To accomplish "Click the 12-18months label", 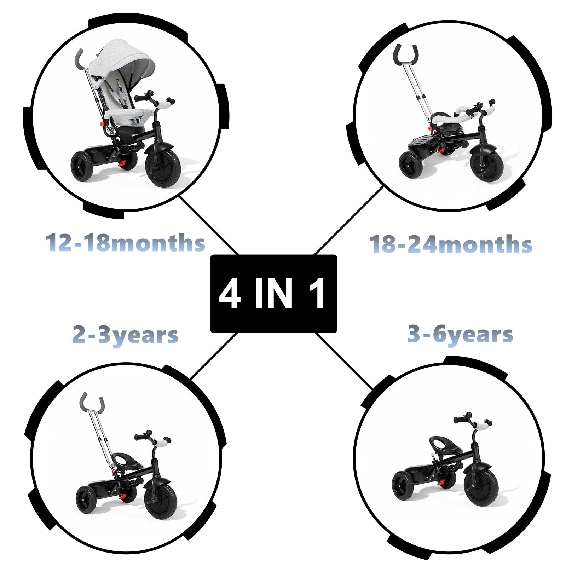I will pyautogui.click(x=126, y=243).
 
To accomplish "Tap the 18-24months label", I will pyautogui.click(x=451, y=244).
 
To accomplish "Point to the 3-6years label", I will pyautogui.click(x=460, y=334).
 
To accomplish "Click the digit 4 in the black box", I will pyautogui.click(x=230, y=294).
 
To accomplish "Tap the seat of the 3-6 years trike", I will pyautogui.click(x=445, y=444).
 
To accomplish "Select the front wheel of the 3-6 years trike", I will pyautogui.click(x=481, y=487).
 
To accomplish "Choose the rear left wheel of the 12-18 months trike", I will pyautogui.click(x=82, y=166).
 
